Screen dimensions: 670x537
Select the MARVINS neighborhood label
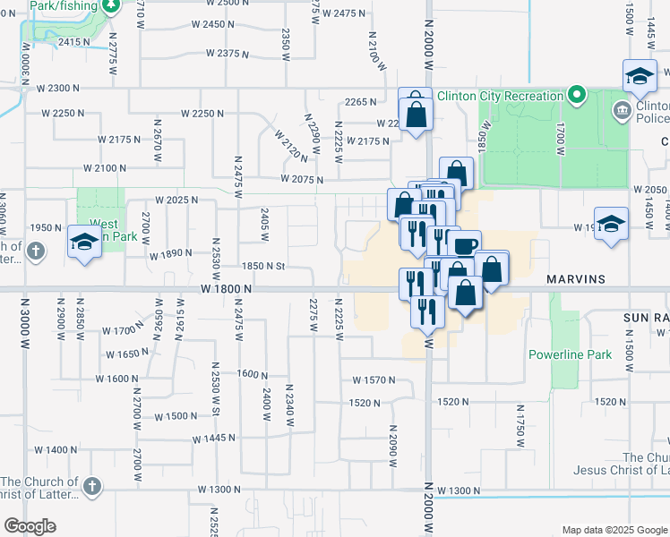click(x=574, y=279)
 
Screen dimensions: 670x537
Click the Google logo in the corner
click(x=30, y=526)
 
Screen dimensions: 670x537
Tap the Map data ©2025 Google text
click(x=613, y=530)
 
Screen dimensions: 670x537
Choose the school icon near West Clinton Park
click(x=85, y=242)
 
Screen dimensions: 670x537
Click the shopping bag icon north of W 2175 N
click(x=416, y=113)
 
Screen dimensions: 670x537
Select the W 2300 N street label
click(x=58, y=88)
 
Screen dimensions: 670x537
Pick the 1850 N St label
click(x=262, y=266)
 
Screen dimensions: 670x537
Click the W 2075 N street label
click(x=301, y=180)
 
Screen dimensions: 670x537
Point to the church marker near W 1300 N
click(x=90, y=486)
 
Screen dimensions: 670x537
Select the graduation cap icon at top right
click(x=640, y=77)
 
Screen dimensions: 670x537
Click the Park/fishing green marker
click(x=110, y=6)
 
